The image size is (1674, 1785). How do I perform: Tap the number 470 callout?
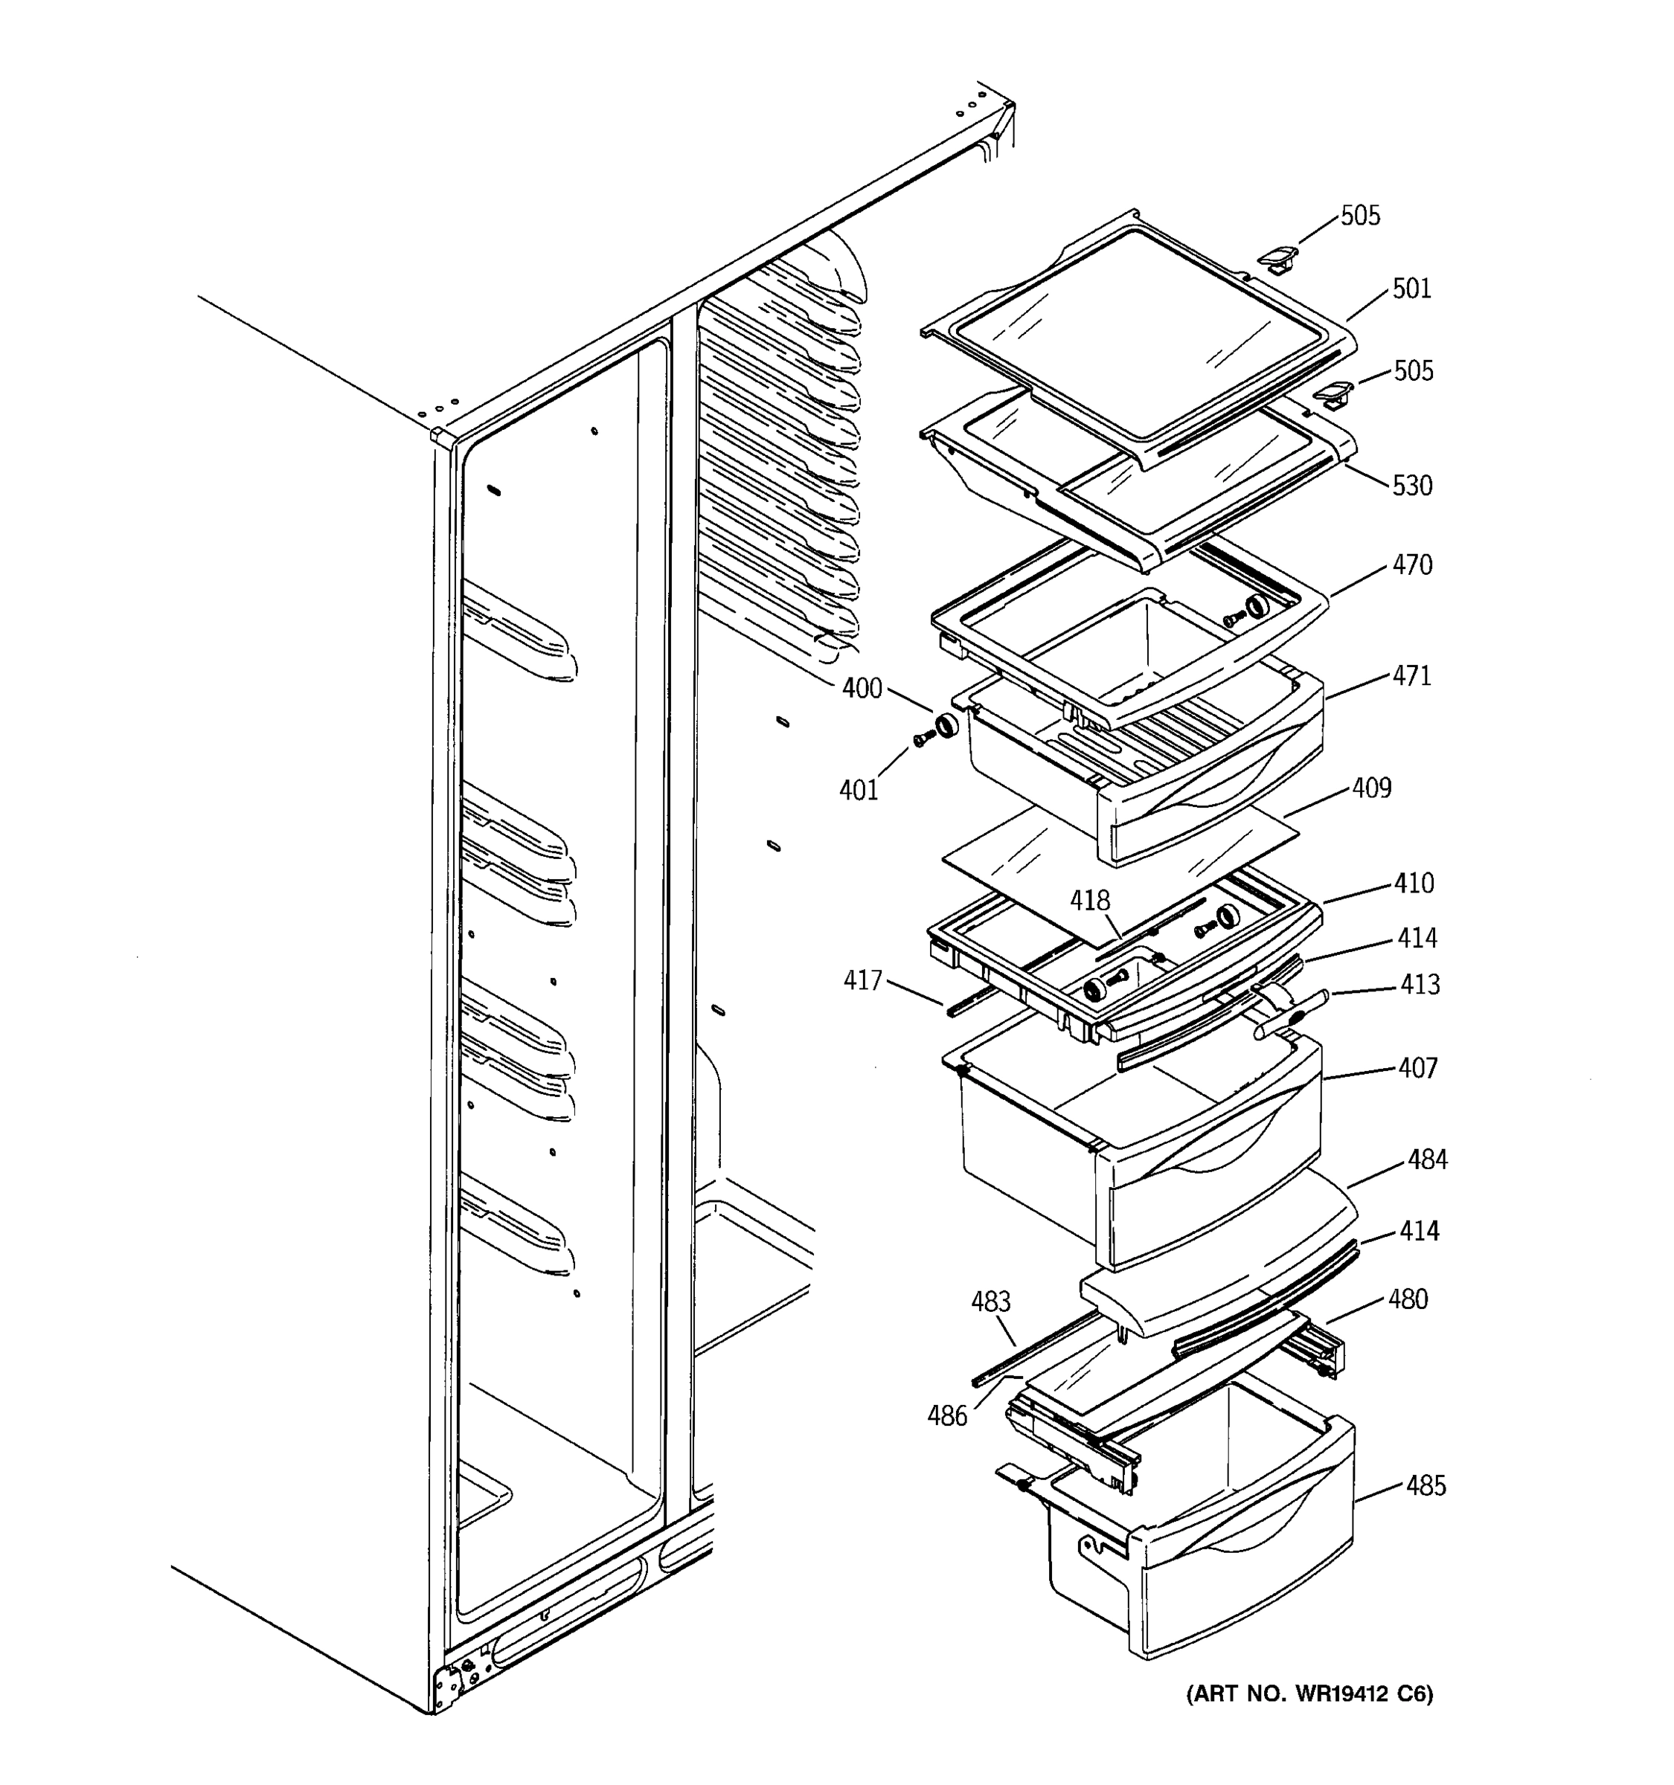pyautogui.click(x=1412, y=565)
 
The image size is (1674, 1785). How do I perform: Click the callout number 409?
pyautogui.click(x=1371, y=788)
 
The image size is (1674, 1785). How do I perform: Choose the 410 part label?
pyautogui.click(x=1414, y=883)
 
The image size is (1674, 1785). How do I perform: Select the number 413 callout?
pyautogui.click(x=1419, y=985)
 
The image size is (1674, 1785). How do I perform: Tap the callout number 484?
pyautogui.click(x=1427, y=1160)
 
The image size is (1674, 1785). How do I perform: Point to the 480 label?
pyautogui.click(x=1407, y=1299)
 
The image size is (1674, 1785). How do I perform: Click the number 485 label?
pyautogui.click(x=1426, y=1486)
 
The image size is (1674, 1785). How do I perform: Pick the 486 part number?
pyautogui.click(x=946, y=1416)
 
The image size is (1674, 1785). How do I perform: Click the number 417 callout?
pyautogui.click(x=862, y=980)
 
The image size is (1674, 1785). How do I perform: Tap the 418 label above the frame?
pyautogui.click(x=1089, y=900)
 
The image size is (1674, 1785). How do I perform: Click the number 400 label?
pyautogui.click(x=862, y=689)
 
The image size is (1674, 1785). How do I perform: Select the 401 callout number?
pyautogui.click(x=858, y=790)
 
